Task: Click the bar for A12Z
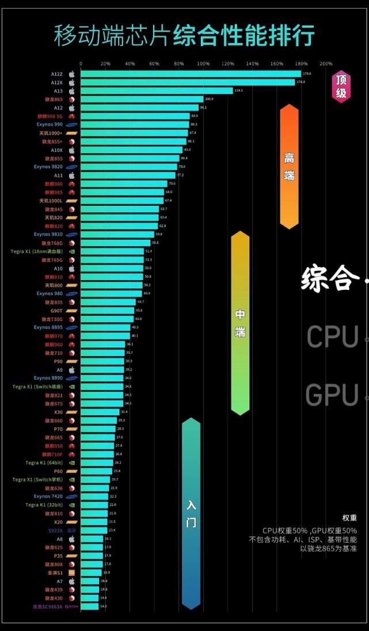(190, 74)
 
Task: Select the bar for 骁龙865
(142, 99)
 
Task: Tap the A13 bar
(157, 91)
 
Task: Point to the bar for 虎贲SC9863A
(90, 606)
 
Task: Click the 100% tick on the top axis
(203, 63)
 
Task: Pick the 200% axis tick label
(326, 63)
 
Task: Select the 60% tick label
(154, 63)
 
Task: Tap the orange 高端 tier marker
(289, 167)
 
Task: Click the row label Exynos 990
(51, 124)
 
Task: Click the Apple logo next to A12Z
(72, 74)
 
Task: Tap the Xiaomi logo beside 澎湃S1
(72, 573)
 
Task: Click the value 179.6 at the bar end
(307, 74)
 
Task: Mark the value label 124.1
(239, 91)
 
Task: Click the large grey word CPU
(333, 337)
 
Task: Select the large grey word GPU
(332, 395)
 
